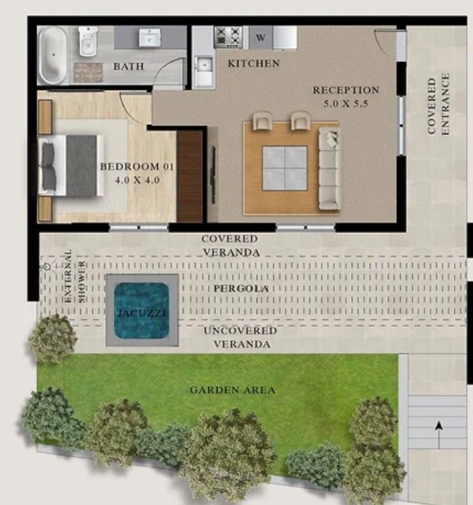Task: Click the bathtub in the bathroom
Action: [x=53, y=55]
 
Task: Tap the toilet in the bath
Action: [x=88, y=41]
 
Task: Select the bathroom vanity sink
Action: [x=150, y=38]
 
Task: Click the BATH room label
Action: [x=129, y=67]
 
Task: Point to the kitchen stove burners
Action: [x=229, y=37]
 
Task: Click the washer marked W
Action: [x=260, y=38]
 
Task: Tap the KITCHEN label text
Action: [x=254, y=63]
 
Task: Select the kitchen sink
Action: [x=204, y=66]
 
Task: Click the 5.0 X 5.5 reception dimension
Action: [x=346, y=104]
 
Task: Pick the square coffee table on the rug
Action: [x=285, y=168]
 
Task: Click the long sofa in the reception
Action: [x=329, y=168]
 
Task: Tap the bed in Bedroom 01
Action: [x=71, y=165]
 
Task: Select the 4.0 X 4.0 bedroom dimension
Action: [x=137, y=180]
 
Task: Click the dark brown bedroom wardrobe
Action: [x=190, y=177]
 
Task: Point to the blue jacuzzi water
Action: [x=142, y=311]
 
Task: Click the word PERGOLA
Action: [x=241, y=288]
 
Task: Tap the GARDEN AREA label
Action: [x=232, y=390]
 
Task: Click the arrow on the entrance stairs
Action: [x=439, y=435]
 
